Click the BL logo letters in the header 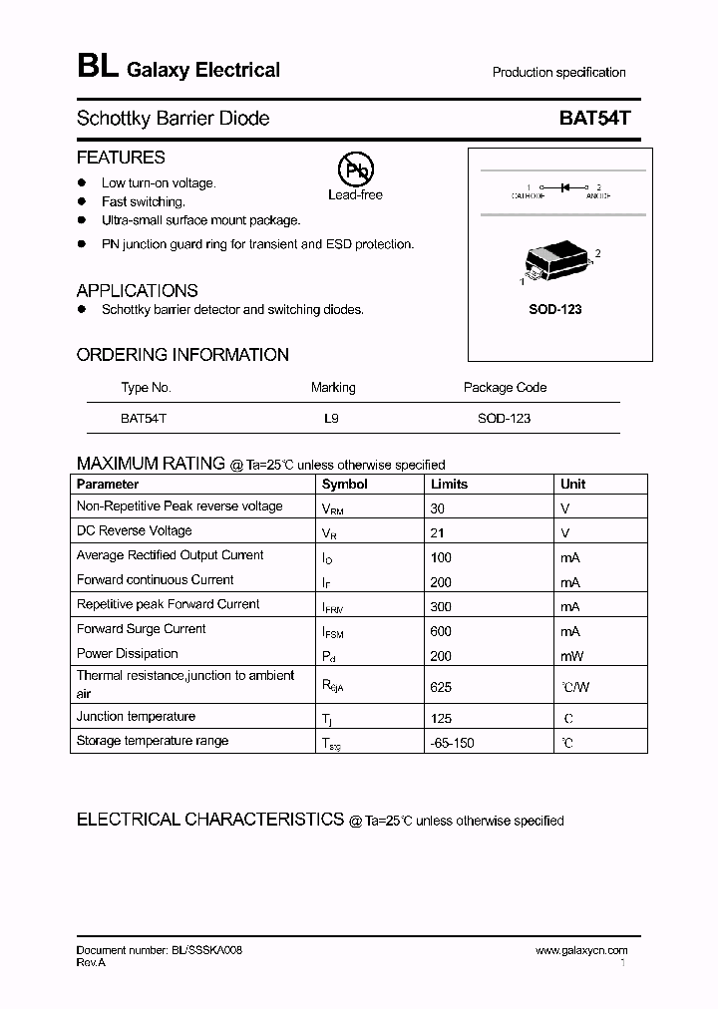[97, 67]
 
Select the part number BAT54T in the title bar [594, 118]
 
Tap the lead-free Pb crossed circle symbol [354, 171]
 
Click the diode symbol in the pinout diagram [564, 186]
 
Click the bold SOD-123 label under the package [554, 309]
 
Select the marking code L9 [331, 419]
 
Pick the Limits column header [449, 484]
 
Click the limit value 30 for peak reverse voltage [438, 507]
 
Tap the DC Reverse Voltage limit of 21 [437, 532]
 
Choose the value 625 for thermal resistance [441, 687]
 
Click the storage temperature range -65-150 [452, 744]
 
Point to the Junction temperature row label [136, 716]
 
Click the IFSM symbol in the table [331, 632]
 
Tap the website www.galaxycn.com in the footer [581, 950]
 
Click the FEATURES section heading [121, 158]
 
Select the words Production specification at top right [558, 72]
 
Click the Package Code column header [505, 387]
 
